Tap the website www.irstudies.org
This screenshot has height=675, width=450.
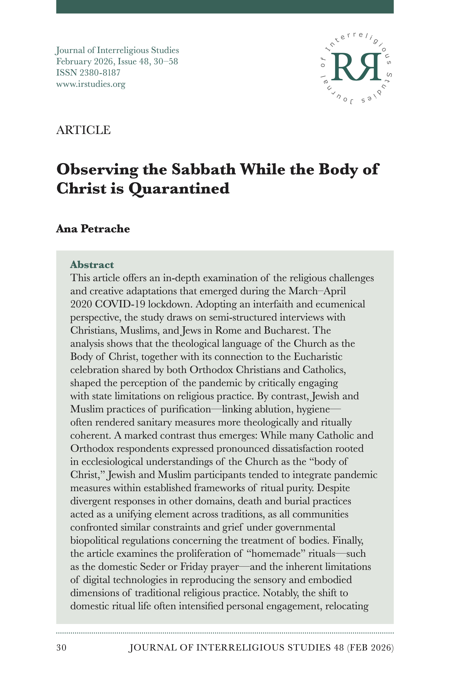pos(91,84)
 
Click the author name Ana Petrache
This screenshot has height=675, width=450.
pos(93,229)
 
